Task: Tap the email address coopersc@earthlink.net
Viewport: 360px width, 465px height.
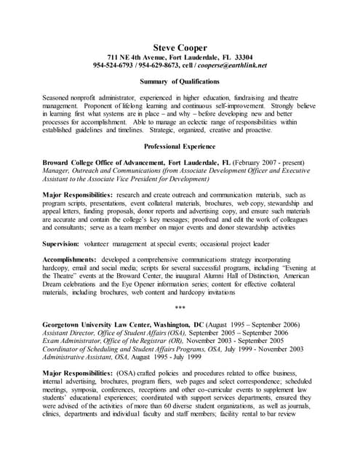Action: [232, 65]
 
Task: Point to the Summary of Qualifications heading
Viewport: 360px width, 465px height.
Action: [180, 81]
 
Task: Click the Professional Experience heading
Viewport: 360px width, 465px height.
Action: [180, 146]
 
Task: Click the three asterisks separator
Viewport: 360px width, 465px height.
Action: [180, 309]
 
